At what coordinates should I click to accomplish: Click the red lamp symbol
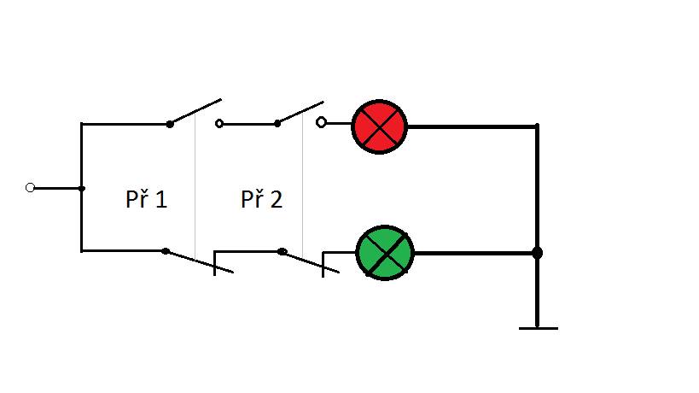[379, 126]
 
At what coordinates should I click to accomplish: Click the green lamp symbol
[385, 253]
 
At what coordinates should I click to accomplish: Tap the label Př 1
[146, 198]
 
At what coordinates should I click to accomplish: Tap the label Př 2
[262, 198]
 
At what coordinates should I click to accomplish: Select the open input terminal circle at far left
[31, 188]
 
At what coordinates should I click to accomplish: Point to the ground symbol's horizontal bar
[538, 328]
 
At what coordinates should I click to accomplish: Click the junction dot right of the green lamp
[537, 253]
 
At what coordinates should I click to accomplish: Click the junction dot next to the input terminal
[82, 189]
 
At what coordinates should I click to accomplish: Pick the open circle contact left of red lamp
[321, 122]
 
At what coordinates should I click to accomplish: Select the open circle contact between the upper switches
[218, 124]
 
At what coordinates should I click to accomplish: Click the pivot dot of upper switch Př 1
[169, 125]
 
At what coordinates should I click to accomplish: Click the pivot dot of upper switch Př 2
[277, 124]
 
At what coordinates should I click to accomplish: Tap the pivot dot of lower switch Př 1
[166, 251]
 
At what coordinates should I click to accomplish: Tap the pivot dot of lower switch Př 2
[282, 251]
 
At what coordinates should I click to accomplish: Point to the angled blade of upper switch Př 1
[195, 112]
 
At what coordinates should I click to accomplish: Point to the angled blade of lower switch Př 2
[311, 261]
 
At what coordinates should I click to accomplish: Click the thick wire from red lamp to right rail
[472, 126]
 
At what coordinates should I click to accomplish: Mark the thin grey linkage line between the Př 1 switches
[195, 185]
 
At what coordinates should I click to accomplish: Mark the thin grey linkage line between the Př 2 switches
[303, 185]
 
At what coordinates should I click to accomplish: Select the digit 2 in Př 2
[277, 199]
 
